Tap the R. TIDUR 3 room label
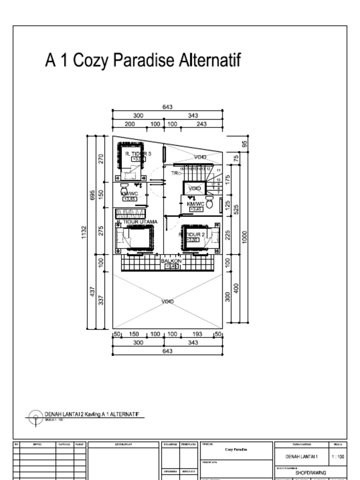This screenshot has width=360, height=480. click(x=138, y=154)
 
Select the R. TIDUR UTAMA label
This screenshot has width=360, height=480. click(x=137, y=222)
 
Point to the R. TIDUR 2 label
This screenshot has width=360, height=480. click(x=192, y=234)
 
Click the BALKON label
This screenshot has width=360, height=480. click(x=171, y=261)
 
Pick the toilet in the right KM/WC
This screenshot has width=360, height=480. click(x=210, y=203)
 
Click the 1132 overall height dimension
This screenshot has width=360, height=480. click(x=84, y=232)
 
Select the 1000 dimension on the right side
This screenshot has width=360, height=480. click(x=244, y=237)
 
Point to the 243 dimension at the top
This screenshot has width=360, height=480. click(x=202, y=124)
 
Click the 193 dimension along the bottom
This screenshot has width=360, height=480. click(x=197, y=334)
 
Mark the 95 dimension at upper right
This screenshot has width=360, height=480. click(x=244, y=143)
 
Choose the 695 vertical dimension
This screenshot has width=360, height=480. click(x=92, y=195)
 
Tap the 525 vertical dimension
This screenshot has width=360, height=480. click(x=236, y=208)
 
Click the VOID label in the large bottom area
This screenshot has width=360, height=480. click(x=168, y=301)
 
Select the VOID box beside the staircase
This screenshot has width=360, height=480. click(x=195, y=188)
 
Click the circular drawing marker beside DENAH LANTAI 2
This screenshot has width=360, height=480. click(x=36, y=417)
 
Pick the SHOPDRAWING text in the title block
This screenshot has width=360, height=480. click(x=310, y=472)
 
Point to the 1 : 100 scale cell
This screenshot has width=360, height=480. click(x=337, y=456)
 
